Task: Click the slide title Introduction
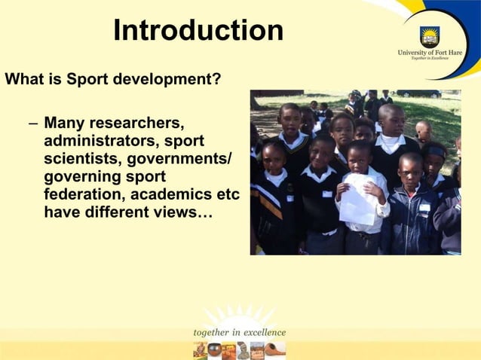click(x=198, y=31)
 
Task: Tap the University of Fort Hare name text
click(x=430, y=53)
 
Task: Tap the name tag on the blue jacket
click(x=424, y=207)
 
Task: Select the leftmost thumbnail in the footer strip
click(x=200, y=349)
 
